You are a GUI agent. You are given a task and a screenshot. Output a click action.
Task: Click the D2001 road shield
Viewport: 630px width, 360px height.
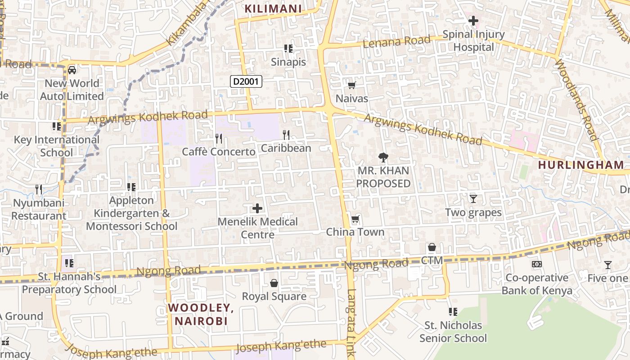pyautogui.click(x=246, y=81)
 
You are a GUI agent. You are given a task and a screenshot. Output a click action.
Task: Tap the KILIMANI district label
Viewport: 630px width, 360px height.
pyautogui.click(x=273, y=9)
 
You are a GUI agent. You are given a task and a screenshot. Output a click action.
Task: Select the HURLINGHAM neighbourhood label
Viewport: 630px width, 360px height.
pyautogui.click(x=581, y=165)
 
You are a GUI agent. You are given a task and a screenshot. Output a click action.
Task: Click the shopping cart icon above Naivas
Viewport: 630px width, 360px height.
pyautogui.click(x=352, y=85)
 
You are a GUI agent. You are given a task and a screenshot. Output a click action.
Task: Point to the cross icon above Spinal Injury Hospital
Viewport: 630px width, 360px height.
pyautogui.click(x=473, y=20)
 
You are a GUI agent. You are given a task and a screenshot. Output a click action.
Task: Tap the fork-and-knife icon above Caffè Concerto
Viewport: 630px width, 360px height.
pyautogui.click(x=219, y=138)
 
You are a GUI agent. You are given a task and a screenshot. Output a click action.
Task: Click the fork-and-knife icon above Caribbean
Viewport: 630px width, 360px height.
pyautogui.click(x=286, y=134)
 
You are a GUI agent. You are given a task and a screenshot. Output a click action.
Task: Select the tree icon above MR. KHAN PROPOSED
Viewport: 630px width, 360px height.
pyautogui.click(x=383, y=157)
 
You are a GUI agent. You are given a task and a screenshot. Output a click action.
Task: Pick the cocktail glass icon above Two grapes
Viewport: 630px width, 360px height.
pyautogui.click(x=473, y=198)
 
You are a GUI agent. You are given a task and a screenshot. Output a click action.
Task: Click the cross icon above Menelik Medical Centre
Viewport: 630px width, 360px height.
pyautogui.click(x=257, y=208)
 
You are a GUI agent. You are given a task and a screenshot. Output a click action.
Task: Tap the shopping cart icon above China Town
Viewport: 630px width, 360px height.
pyautogui.click(x=355, y=219)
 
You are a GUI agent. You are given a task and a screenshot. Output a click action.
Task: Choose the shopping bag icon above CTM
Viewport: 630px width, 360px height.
pyautogui.click(x=432, y=247)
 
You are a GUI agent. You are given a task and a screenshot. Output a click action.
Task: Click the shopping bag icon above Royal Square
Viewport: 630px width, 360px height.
pyautogui.click(x=274, y=283)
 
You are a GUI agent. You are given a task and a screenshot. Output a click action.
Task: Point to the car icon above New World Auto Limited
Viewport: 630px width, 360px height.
pyautogui.click(x=72, y=70)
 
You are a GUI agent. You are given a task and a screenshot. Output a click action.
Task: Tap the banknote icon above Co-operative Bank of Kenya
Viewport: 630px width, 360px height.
pyautogui.click(x=537, y=264)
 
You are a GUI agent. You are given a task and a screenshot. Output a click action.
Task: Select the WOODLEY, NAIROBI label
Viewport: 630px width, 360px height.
pyautogui.click(x=201, y=314)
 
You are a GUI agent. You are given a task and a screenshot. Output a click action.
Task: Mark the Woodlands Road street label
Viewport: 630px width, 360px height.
pyautogui.click(x=576, y=99)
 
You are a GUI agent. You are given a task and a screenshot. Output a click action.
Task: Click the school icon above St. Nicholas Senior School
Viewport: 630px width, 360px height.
pyautogui.click(x=453, y=311)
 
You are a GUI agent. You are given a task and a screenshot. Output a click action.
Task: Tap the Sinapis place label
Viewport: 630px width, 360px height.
pyautogui.click(x=288, y=62)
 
